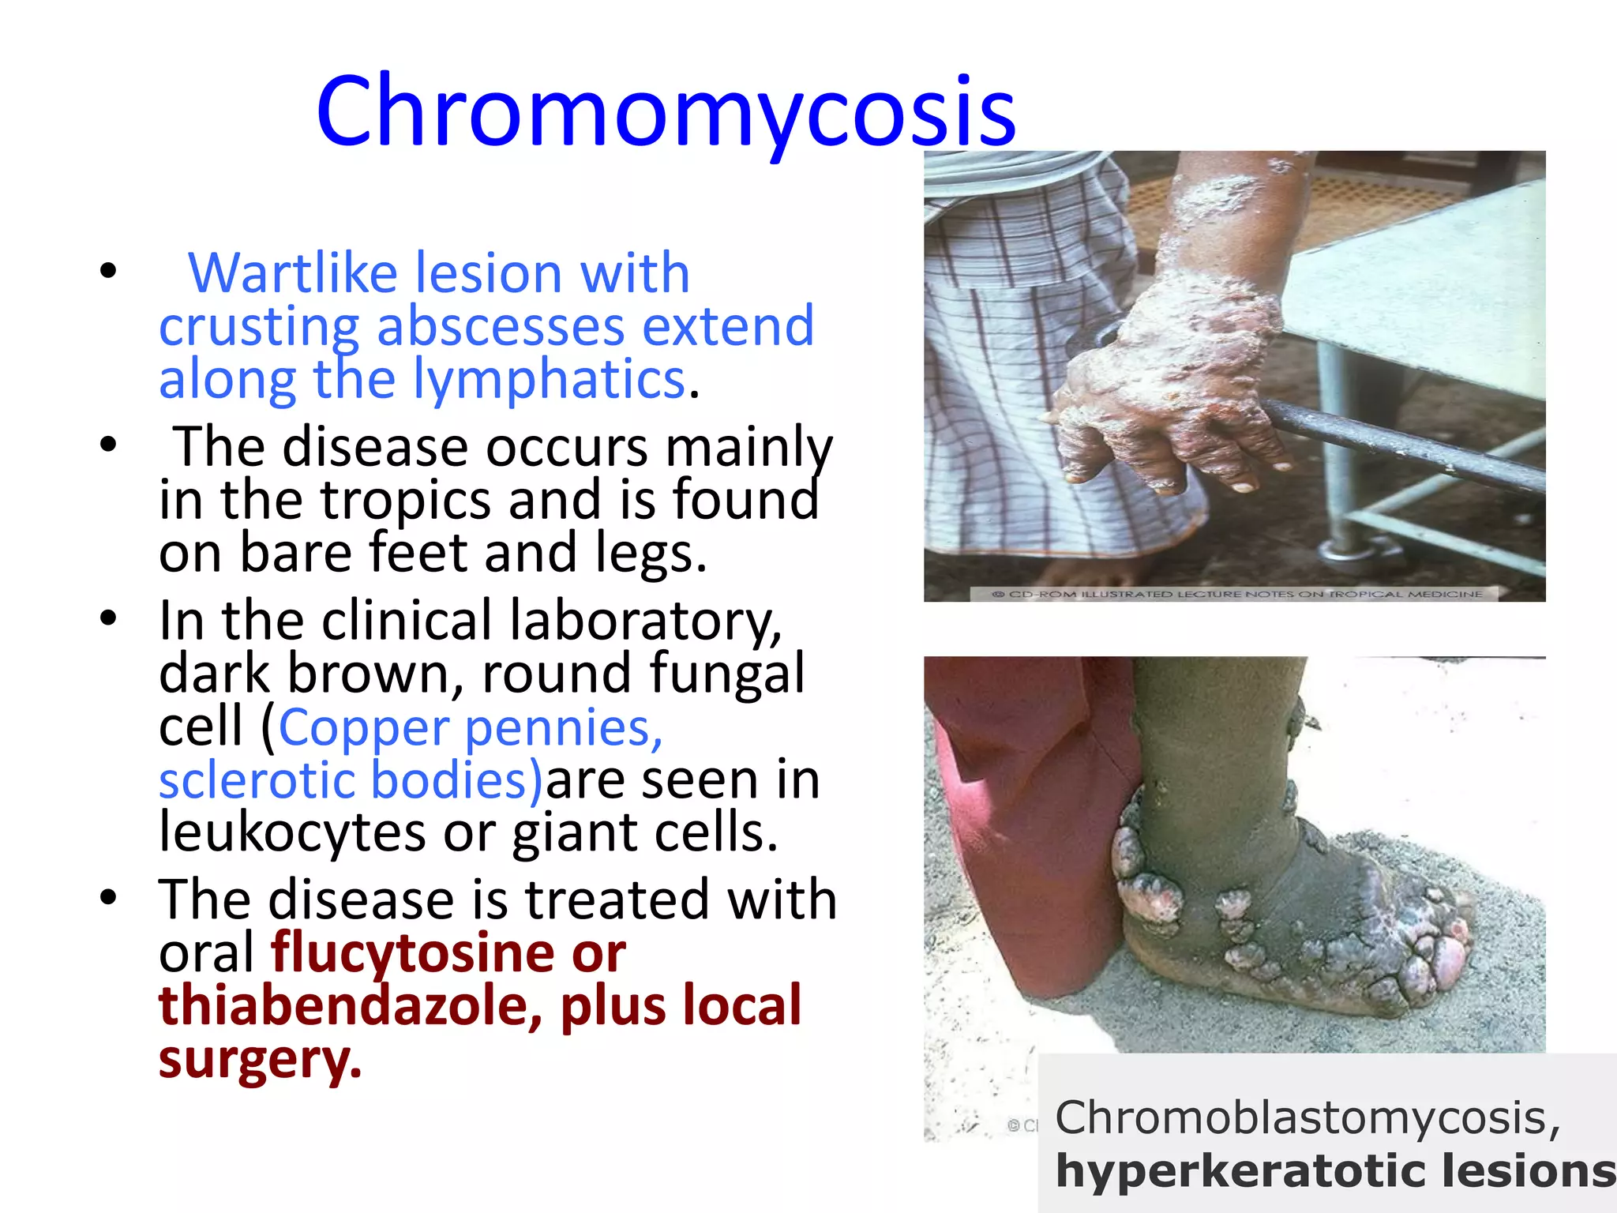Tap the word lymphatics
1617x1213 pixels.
[x=550, y=380]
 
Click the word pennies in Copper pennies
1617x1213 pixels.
[x=563, y=727]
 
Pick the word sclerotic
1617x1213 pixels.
[x=257, y=780]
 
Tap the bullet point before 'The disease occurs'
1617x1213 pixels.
[x=108, y=445]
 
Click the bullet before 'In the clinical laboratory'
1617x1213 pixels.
[x=108, y=618]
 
